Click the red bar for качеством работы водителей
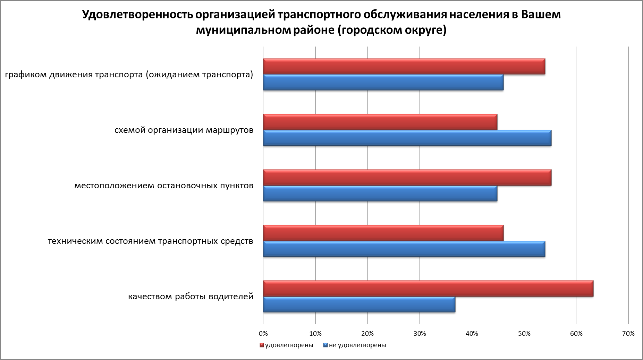(428, 289)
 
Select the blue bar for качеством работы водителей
(359, 305)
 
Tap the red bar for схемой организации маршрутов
(380, 122)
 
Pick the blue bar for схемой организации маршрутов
(407, 138)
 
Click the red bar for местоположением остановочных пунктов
(407, 178)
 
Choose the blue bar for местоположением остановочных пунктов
(380, 194)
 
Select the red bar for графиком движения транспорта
(404, 67)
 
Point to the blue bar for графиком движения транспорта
(383, 83)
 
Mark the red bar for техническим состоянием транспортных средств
(383, 233)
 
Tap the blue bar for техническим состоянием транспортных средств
(404, 249)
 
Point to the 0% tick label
(263, 334)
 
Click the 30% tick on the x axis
(420, 334)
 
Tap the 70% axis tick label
(628, 334)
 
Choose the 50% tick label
(524, 334)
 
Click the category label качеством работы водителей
(191, 297)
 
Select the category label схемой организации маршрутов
(184, 130)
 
